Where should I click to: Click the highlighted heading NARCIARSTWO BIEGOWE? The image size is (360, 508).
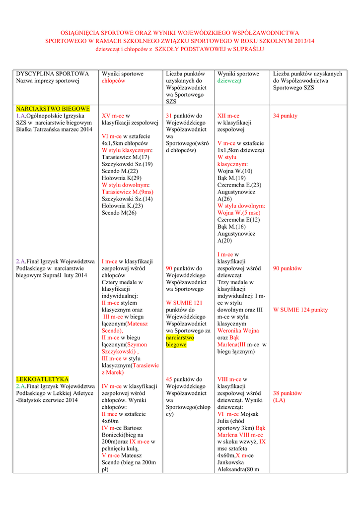coord(53,108)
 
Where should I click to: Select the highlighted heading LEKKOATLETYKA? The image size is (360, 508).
coord(42,379)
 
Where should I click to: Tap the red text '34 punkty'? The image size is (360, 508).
coord(285,116)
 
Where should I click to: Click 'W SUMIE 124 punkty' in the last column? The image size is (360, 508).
coord(300,310)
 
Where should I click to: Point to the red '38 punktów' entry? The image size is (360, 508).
coord(287,393)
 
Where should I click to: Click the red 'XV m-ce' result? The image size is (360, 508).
coord(113,116)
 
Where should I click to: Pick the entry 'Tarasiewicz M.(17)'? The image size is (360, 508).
coord(125,157)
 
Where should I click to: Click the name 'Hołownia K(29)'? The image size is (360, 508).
coord(121,178)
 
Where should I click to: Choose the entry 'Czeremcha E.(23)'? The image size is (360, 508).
coord(238,185)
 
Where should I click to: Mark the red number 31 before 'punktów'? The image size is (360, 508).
coord(169,116)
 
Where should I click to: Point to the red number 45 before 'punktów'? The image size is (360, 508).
coord(169,379)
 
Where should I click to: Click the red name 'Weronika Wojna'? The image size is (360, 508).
coord(238,330)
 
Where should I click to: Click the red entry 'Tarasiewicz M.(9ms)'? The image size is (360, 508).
coord(127,191)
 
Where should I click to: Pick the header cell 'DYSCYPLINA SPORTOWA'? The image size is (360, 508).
coord(53,73)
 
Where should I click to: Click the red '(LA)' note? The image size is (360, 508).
coord(279,400)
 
